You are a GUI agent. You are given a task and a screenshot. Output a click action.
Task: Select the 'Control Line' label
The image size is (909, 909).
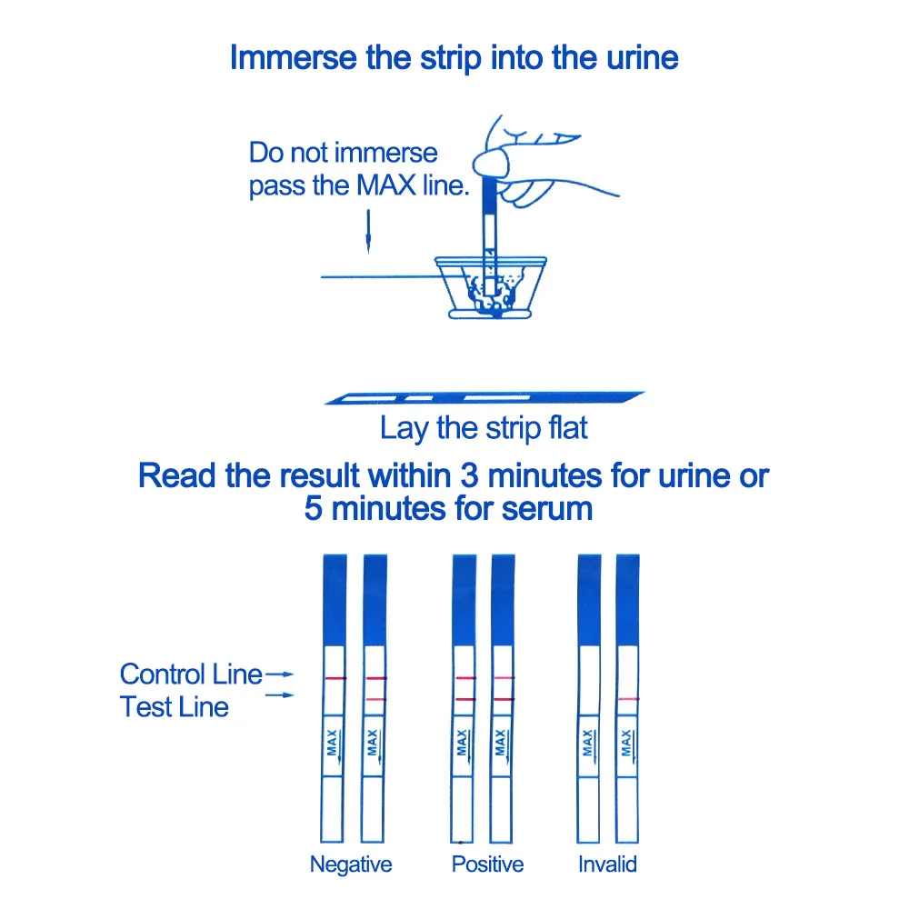(191, 674)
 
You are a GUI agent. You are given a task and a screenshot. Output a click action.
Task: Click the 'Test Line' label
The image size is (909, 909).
(175, 706)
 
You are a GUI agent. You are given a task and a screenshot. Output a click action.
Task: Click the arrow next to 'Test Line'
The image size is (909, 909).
(285, 696)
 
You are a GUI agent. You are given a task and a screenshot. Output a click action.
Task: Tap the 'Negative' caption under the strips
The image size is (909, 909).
(351, 864)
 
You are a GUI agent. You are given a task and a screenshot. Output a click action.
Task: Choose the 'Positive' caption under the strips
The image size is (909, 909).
(488, 864)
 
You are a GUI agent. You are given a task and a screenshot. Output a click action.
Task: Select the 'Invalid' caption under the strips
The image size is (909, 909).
(607, 864)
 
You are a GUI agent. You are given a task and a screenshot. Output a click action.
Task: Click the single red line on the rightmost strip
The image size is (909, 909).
(627, 698)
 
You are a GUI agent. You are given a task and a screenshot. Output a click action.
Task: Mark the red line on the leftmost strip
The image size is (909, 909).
(334, 679)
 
